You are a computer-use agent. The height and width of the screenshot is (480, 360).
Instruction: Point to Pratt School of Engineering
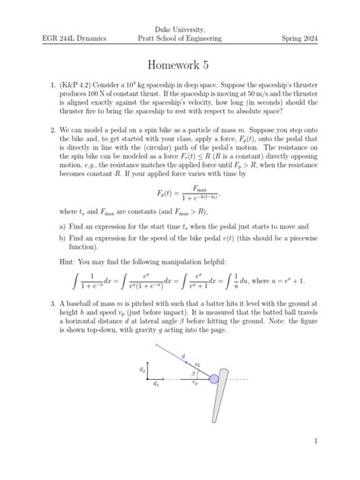(180, 38)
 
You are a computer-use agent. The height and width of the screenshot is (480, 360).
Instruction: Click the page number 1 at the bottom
(314, 440)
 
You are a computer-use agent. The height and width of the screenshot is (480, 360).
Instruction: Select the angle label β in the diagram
(193, 374)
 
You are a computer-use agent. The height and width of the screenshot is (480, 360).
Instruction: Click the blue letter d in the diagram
(182, 355)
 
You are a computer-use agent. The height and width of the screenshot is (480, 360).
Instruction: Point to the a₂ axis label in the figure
(142, 370)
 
